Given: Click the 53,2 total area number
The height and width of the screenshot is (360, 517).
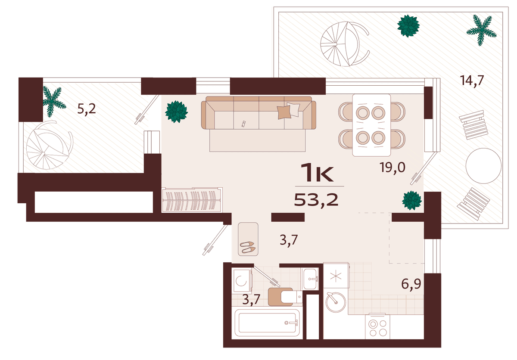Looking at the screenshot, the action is point(316,200).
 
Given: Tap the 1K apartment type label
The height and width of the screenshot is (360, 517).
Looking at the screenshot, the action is point(319,172).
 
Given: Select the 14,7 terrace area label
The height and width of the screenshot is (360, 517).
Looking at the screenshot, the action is point(472,81).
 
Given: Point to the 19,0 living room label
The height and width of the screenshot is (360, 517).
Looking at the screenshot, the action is point(392,168).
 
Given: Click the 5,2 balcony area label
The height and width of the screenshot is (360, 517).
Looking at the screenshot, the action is point(86,109).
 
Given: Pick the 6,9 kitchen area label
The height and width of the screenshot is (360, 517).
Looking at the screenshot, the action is point(411,284).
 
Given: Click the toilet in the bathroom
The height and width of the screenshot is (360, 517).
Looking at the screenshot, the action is point(285,297).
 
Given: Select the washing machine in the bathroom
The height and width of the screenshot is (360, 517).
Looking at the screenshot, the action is point(242,281).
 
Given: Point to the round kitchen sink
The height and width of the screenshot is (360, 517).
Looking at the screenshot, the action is point(336,302).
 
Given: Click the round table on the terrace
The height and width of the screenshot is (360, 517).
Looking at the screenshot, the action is point(483,166).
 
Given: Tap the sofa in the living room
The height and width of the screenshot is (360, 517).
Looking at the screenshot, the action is point(258,113).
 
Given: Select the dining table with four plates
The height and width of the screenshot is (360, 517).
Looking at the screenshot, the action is point(371,125).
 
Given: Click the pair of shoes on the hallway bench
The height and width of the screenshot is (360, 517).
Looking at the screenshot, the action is point(248,247).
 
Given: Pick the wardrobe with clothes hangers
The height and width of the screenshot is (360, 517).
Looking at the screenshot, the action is point(192,200).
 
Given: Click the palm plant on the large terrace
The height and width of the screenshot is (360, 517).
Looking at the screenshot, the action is point(481,30).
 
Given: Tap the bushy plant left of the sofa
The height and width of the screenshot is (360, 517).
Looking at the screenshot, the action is point(176,112).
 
